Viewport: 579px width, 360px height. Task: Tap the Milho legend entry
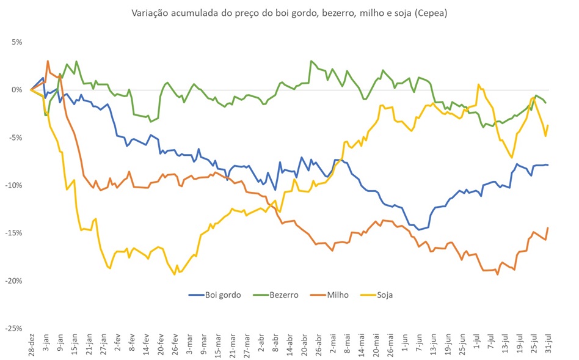pos(338,295)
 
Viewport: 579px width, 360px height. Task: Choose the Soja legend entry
pos(385,295)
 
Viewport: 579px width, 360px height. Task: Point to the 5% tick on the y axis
pos(15,42)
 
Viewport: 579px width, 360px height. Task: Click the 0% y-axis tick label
pos(15,90)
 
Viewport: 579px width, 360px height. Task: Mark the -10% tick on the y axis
pos(13,185)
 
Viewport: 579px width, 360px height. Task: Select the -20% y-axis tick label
pos(13,281)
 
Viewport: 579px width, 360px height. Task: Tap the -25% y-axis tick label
pos(13,328)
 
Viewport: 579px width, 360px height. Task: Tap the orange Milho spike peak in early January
pos(48,61)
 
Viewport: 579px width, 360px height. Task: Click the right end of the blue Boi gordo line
pos(547,165)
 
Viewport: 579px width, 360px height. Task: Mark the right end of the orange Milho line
pos(547,228)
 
